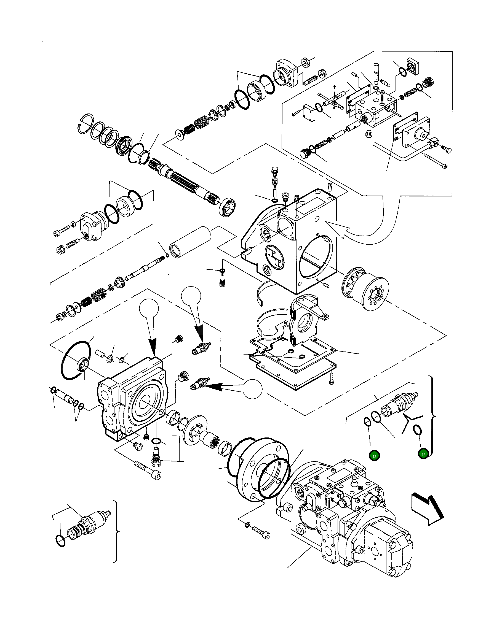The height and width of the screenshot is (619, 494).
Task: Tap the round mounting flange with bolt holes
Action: pos(260,471)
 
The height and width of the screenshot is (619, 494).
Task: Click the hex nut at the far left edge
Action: pos(60,250)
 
